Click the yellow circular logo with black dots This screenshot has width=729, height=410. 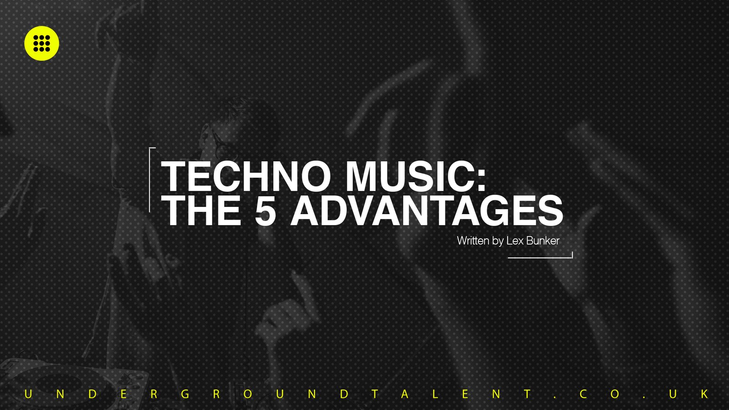[x=41, y=43]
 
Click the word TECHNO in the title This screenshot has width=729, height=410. [x=246, y=176]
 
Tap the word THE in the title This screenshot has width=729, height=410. [x=201, y=210]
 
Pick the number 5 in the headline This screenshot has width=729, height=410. [x=265, y=210]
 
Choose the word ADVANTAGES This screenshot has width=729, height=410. [x=427, y=210]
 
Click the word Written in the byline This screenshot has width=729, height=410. [x=473, y=241]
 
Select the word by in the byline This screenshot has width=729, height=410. [x=498, y=241]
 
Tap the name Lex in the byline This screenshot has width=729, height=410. [x=514, y=241]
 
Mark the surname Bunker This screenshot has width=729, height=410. [x=543, y=241]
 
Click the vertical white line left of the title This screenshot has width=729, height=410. [x=149, y=180]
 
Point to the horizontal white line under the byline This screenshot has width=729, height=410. [x=540, y=257]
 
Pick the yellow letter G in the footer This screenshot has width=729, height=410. [x=185, y=394]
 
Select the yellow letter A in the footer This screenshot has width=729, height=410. [x=405, y=394]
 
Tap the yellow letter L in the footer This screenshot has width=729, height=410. [x=436, y=394]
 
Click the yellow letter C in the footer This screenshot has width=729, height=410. [x=583, y=394]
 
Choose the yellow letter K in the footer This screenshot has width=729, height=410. [x=704, y=394]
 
